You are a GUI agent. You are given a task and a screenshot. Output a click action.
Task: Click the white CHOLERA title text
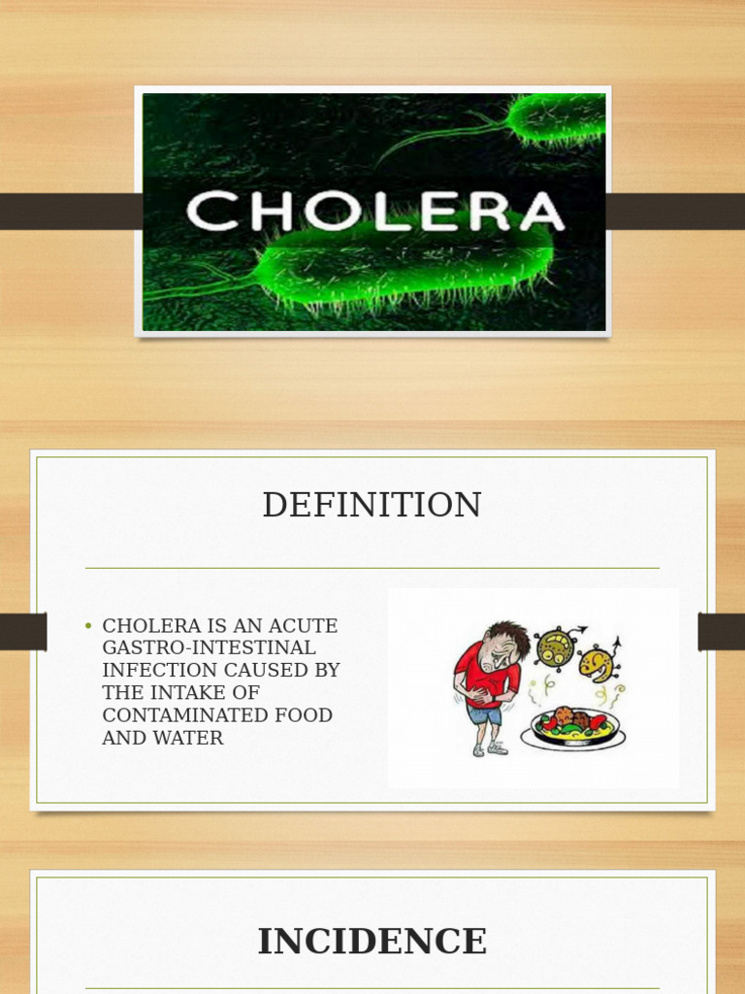(x=374, y=211)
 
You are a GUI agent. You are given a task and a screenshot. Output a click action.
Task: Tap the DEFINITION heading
(x=372, y=506)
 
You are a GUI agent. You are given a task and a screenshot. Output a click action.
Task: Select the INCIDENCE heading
(x=372, y=942)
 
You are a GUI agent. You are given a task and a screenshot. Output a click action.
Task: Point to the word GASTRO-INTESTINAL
(x=209, y=647)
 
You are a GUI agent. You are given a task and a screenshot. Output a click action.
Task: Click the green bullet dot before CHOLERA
(x=88, y=626)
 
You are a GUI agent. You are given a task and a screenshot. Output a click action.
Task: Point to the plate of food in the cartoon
(x=572, y=728)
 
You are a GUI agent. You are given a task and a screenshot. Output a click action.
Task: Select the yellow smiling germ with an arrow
(x=597, y=663)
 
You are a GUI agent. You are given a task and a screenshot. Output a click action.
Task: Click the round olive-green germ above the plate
(x=556, y=646)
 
